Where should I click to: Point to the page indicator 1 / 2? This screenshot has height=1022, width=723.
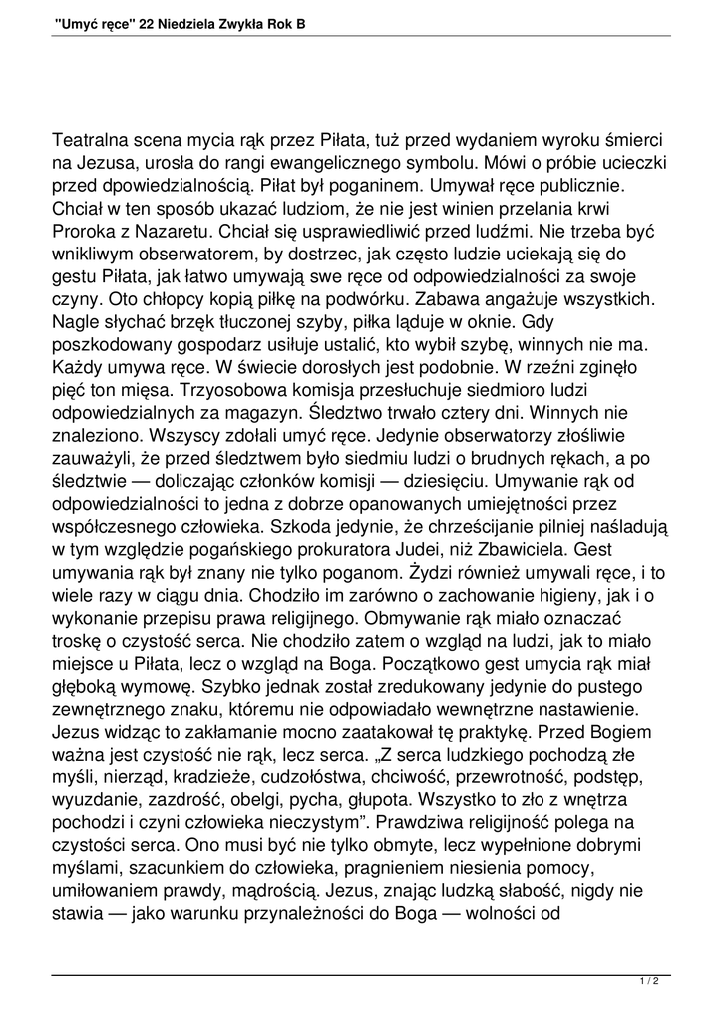(x=649, y=982)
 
